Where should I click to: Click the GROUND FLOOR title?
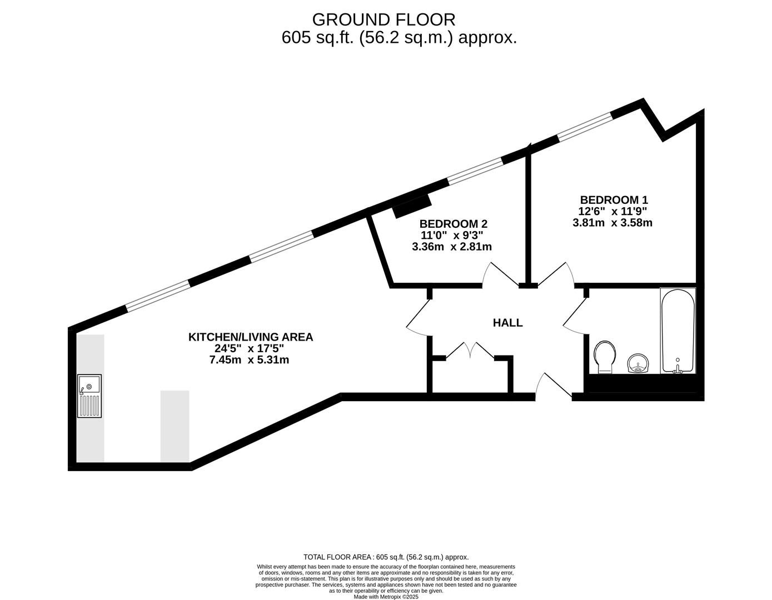[383, 20]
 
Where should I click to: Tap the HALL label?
[507, 323]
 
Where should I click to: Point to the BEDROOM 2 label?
[454, 224]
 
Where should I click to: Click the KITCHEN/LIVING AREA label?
[251, 337]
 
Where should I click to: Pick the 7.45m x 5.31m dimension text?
[249, 360]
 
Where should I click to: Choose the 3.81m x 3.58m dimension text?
[612, 223]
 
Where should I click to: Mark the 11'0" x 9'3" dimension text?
[452, 235]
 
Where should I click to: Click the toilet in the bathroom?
[605, 357]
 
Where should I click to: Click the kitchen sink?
[89, 396]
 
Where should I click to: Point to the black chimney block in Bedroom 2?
[412, 206]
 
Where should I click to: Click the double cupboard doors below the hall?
[470, 351]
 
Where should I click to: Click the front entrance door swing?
[554, 384]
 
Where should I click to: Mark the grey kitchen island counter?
[175, 427]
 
